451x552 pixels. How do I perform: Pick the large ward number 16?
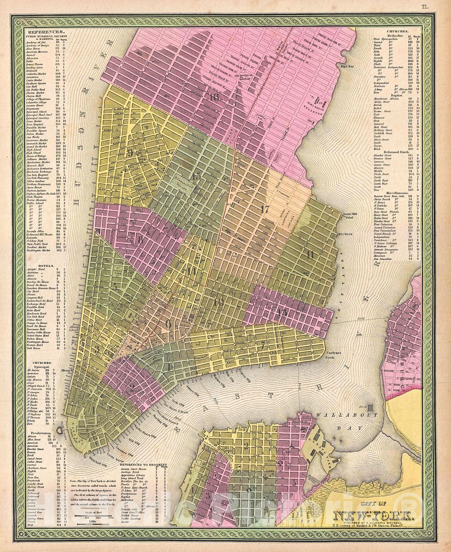click(x=214, y=97)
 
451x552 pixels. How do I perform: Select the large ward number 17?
click(x=264, y=208)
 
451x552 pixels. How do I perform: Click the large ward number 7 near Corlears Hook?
click(x=263, y=344)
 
